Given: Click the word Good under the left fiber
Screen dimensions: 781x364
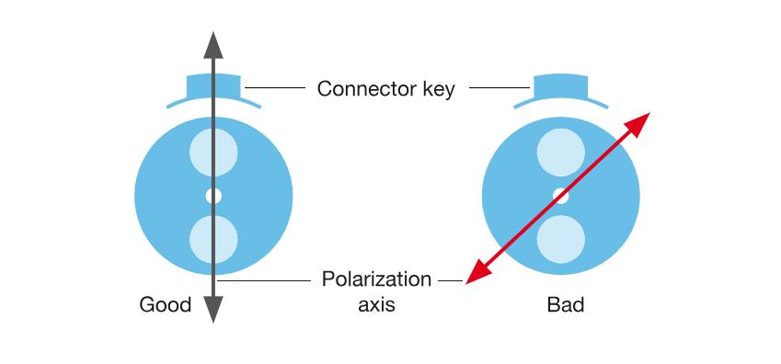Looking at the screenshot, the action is point(166,305).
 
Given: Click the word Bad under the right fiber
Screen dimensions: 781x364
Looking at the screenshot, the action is point(566,305).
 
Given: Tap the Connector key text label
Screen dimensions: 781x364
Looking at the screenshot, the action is point(386,89).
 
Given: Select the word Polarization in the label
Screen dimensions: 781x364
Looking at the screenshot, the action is point(376,279).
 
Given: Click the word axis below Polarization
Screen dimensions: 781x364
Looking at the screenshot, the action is point(376,304).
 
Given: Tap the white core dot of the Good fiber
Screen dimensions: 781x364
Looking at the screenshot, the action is point(213,196).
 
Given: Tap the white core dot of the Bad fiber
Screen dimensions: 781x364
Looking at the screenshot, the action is point(561,196).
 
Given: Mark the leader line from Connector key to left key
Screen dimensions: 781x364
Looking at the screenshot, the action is point(275,88).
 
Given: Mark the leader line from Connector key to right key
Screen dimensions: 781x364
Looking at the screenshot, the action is point(500,88).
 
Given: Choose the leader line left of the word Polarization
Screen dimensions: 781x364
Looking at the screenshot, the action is point(267,279).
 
